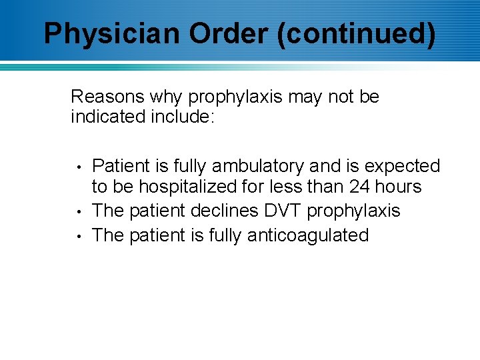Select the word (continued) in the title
[x=357, y=34]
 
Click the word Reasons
[x=107, y=97]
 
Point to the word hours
[x=399, y=187]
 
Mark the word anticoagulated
[x=308, y=235]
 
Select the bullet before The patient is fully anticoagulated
[x=79, y=236]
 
